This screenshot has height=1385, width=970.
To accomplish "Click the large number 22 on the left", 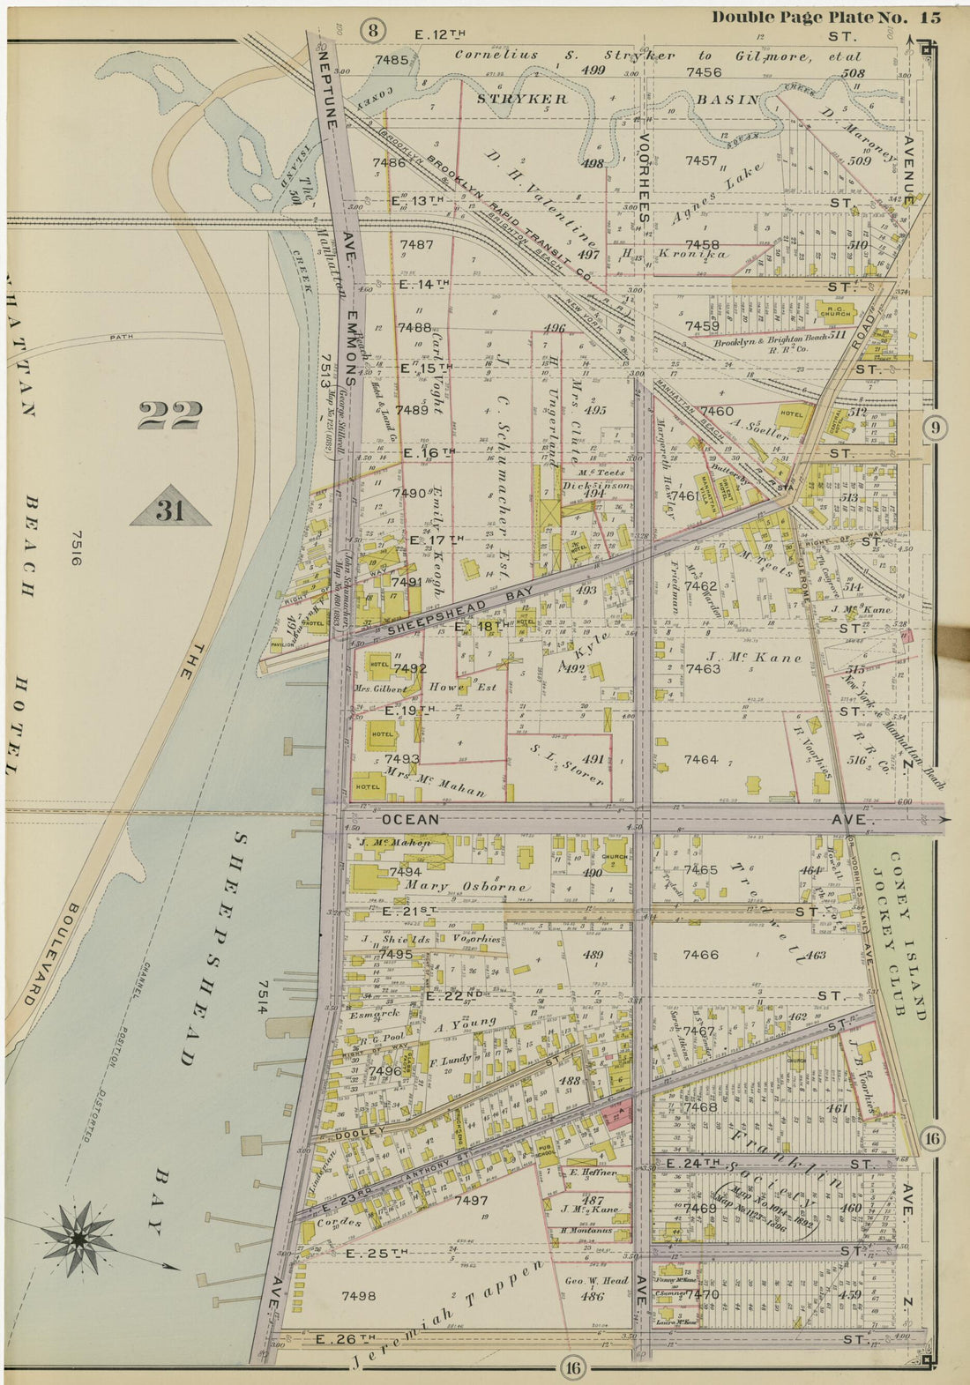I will (169, 414).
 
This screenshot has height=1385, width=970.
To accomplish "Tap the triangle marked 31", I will (169, 510).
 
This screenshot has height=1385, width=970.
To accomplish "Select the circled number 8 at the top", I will (373, 32).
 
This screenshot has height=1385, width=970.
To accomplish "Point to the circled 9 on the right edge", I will (935, 428).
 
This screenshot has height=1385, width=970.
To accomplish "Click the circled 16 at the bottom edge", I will (571, 1367).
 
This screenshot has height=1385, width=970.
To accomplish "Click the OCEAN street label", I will (410, 819).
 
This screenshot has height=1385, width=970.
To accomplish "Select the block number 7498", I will (359, 1295).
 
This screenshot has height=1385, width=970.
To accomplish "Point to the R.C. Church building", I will (835, 310).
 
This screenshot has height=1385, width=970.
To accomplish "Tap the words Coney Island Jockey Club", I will (908, 935).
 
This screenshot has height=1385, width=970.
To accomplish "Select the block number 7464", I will (701, 759).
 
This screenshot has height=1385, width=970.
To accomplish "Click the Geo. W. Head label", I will (597, 1281).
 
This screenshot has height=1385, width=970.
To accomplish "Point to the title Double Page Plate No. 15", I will (825, 17).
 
